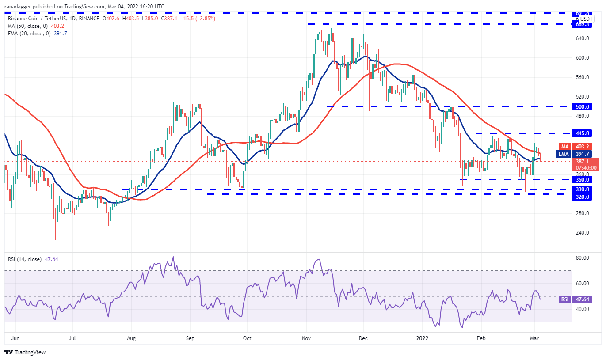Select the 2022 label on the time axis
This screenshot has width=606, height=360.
pyautogui.click(x=421, y=338)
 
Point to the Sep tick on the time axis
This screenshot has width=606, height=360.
pyautogui.click(x=190, y=338)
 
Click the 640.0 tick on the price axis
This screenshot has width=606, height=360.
pyautogui.click(x=583, y=38)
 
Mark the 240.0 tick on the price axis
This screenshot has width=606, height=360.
pyautogui.click(x=583, y=233)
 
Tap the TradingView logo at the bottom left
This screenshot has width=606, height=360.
pyautogui.click(x=25, y=352)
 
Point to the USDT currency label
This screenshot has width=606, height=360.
pyautogui.click(x=586, y=19)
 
